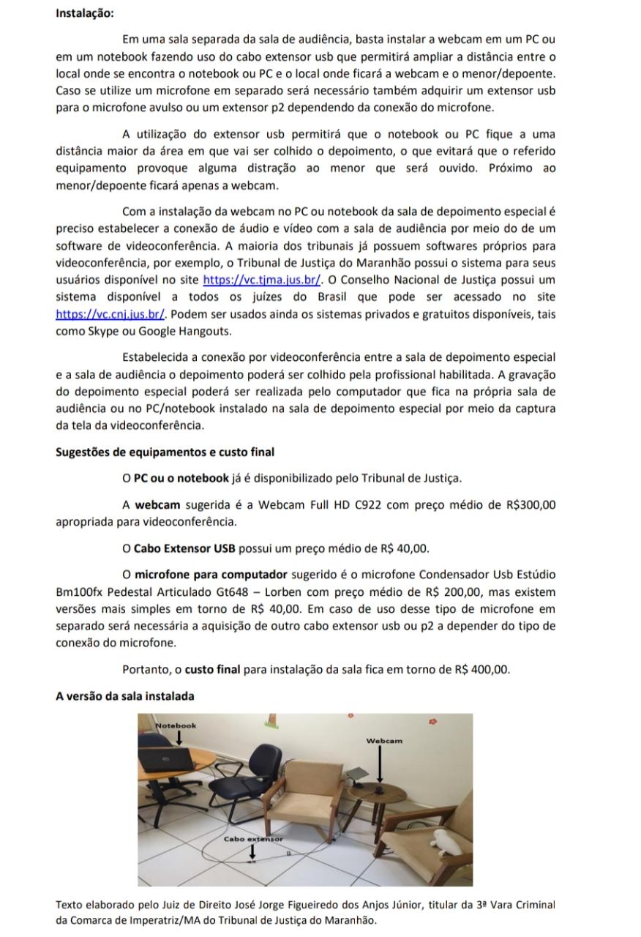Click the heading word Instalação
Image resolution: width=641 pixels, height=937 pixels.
(x=85, y=13)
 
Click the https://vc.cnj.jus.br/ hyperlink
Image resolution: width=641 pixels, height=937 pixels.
(x=110, y=314)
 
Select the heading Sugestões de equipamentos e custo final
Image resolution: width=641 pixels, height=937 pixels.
(x=165, y=452)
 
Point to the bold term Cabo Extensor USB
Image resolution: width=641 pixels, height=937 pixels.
(x=185, y=548)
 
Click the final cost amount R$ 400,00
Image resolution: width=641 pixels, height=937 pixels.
(x=481, y=669)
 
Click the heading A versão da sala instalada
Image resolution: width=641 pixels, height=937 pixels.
(x=125, y=695)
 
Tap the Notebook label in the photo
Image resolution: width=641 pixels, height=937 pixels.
(x=176, y=725)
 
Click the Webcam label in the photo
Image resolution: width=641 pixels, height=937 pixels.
(x=384, y=741)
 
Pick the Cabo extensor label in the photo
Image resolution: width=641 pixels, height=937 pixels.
(x=252, y=839)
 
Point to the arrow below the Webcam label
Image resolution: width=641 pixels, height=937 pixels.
(x=380, y=766)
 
